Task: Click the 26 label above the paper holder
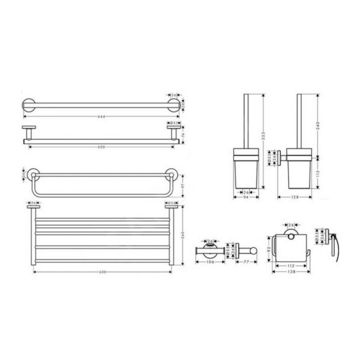point(291,225)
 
